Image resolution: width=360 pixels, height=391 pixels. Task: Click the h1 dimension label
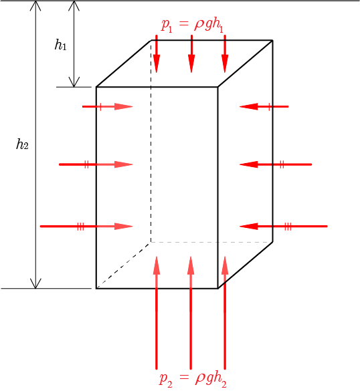[61, 45]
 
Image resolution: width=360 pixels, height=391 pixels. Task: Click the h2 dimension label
[22, 144]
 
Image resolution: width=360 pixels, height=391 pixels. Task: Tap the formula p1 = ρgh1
[192, 25]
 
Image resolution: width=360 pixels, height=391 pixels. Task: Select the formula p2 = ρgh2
[193, 378]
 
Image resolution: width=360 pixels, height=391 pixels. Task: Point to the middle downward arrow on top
[191, 53]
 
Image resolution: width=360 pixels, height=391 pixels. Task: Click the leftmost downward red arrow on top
[157, 53]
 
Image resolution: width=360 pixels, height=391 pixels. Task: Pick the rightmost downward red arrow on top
[225, 53]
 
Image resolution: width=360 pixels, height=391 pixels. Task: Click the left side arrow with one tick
[108, 107]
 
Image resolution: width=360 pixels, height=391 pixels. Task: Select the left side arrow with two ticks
[96, 164]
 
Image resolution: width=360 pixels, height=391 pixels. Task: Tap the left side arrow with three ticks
[86, 227]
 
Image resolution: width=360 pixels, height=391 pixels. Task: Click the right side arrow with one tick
[264, 107]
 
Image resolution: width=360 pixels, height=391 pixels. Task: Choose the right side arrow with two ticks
[276, 164]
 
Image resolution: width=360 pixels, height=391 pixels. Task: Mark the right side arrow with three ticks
[283, 227]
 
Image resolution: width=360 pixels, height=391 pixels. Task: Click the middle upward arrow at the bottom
[191, 313]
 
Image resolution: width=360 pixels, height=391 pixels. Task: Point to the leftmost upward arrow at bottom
[157, 313]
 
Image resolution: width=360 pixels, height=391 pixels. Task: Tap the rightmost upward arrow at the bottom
[225, 313]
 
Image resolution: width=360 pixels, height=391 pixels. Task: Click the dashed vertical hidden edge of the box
[151, 141]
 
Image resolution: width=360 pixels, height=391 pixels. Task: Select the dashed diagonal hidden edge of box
[124, 265]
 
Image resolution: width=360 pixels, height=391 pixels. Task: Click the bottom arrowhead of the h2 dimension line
[35, 283]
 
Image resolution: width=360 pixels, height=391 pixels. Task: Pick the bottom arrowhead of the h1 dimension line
[74, 82]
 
